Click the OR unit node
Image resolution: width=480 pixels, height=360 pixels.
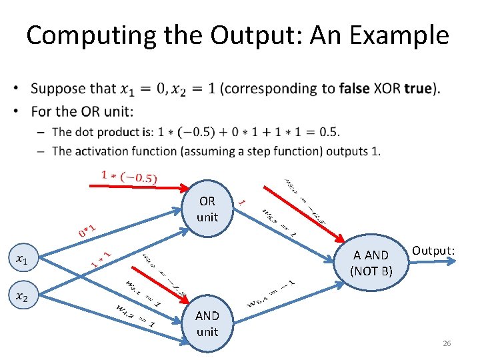[x=207, y=209]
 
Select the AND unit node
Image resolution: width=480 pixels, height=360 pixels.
[x=207, y=323]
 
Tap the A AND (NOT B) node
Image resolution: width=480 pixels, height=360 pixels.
[x=371, y=263]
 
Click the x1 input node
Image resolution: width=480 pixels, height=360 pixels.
[x=23, y=258]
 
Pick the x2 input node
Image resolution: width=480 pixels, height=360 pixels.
[x=23, y=295]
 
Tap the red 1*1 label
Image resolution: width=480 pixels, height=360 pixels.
[x=100, y=257]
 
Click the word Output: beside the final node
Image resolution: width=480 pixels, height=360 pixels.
[x=433, y=250]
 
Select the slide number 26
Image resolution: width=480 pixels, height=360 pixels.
[x=447, y=343]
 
